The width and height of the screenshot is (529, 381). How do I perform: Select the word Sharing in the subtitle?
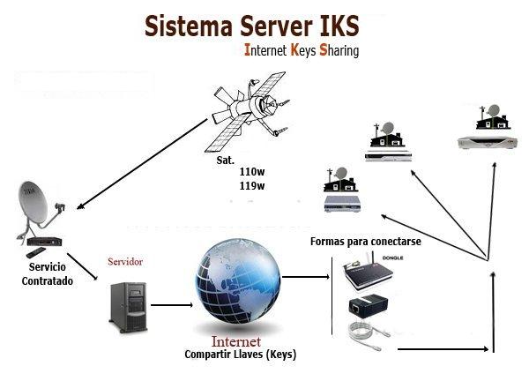339,51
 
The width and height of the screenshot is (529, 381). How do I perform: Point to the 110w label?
252,171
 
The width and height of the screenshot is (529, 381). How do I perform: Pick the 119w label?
252,186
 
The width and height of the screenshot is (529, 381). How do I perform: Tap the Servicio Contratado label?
48,273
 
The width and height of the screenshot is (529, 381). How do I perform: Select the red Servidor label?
124,262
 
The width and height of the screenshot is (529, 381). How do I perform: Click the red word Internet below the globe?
235,340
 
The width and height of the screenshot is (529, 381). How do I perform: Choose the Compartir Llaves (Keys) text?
240,355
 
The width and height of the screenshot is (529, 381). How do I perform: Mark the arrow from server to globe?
171,307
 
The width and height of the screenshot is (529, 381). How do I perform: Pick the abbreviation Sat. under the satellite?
225,161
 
